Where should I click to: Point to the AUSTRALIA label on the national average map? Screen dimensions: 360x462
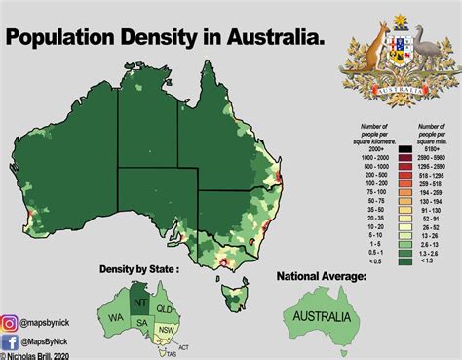tap(319, 318)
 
